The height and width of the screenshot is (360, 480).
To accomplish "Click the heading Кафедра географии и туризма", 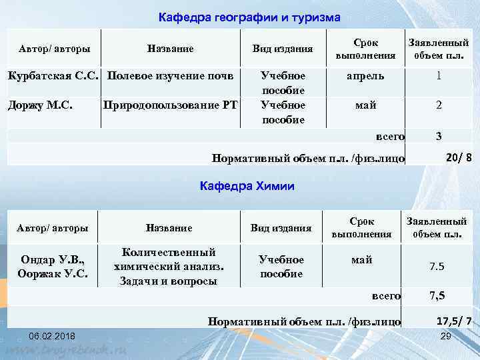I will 249,17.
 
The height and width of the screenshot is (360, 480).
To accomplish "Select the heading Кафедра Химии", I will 247,186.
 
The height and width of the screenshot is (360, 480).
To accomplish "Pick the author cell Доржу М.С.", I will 40,105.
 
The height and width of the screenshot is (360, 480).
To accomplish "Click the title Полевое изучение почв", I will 171,75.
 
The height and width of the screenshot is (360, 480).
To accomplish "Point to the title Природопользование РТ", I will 169,105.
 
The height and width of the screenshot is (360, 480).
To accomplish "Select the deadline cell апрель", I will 365,75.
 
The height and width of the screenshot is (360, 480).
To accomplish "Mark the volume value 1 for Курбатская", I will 438,75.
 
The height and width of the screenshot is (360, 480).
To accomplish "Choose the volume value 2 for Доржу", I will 438,105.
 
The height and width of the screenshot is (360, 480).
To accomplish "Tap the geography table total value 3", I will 438,136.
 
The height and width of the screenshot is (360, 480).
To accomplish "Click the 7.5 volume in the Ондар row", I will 437,267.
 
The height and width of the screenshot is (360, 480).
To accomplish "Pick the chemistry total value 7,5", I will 437,295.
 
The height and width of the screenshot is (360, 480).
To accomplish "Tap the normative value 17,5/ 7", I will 454,321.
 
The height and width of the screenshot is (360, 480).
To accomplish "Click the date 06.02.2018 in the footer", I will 52,335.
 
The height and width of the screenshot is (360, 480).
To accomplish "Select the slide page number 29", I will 447,335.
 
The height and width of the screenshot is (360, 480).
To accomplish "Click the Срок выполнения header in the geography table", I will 365,48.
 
